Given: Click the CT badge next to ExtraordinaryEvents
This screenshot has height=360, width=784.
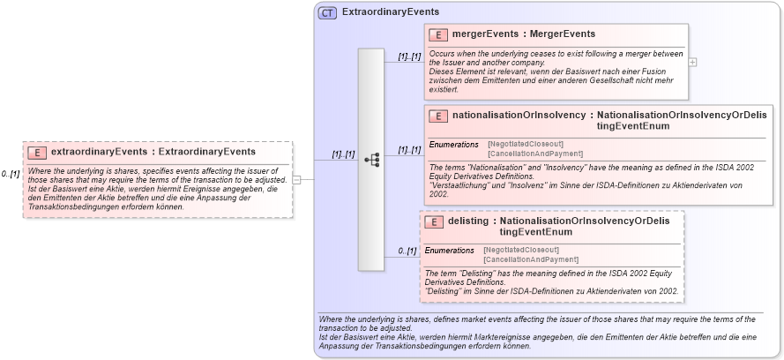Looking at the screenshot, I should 327,12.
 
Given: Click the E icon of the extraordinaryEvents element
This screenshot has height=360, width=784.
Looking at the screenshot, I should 37,152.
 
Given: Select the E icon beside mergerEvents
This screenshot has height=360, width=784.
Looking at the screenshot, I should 437,35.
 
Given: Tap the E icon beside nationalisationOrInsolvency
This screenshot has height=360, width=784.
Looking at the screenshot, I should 437,116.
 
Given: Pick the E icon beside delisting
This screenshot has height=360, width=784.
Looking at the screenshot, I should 433,221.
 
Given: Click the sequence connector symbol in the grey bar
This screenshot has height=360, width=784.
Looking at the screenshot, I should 371,160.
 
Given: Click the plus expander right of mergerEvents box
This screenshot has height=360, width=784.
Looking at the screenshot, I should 692,62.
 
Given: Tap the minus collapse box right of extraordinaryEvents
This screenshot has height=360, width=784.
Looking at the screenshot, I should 297,180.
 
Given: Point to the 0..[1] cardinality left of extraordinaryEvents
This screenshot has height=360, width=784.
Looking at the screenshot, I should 11,174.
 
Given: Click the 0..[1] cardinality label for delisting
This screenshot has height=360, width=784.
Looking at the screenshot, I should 407,251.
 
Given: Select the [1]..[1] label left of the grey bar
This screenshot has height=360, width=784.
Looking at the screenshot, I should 343,154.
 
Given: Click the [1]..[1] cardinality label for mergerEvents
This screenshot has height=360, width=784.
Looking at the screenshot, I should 409,56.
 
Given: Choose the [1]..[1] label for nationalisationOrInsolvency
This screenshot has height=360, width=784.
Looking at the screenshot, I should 409,150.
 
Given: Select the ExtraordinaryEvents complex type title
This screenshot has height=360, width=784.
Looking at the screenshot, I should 391,12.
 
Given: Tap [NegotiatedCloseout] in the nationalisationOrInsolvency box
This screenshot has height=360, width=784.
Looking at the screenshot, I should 526,143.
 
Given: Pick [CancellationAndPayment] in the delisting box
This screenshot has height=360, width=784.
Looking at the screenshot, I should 531,259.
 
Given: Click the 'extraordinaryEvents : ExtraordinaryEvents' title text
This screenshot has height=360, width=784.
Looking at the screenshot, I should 153,152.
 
